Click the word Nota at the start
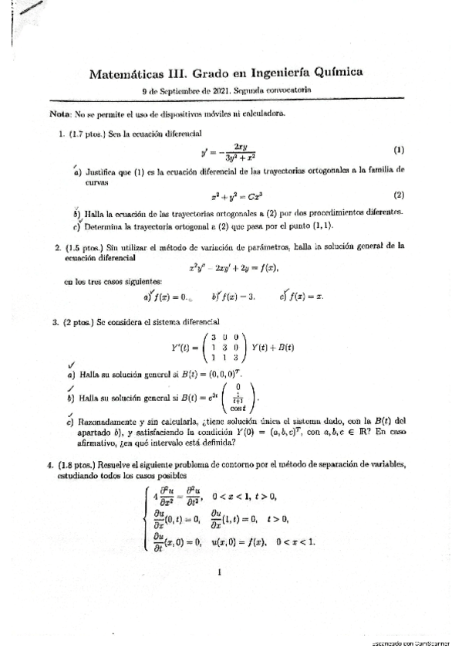pos(59,114)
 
